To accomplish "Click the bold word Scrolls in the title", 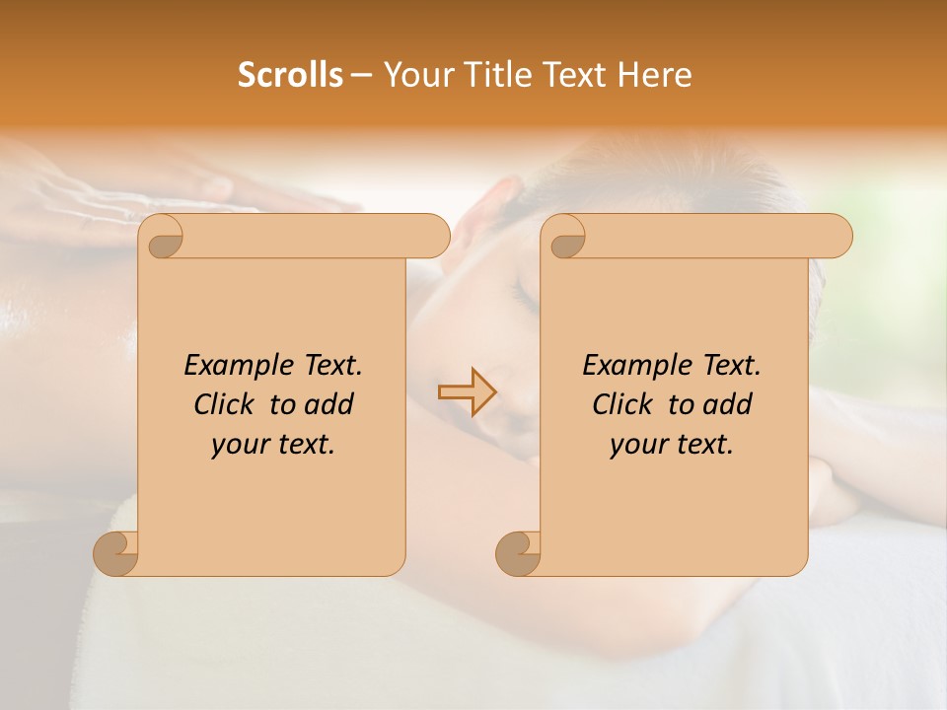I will pyautogui.click(x=291, y=75).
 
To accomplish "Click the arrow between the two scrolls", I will pyautogui.click(x=467, y=391).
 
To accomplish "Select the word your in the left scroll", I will pyautogui.click(x=240, y=445).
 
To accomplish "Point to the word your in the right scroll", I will pyautogui.click(x=638, y=445).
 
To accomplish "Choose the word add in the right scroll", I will pyautogui.click(x=726, y=404).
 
